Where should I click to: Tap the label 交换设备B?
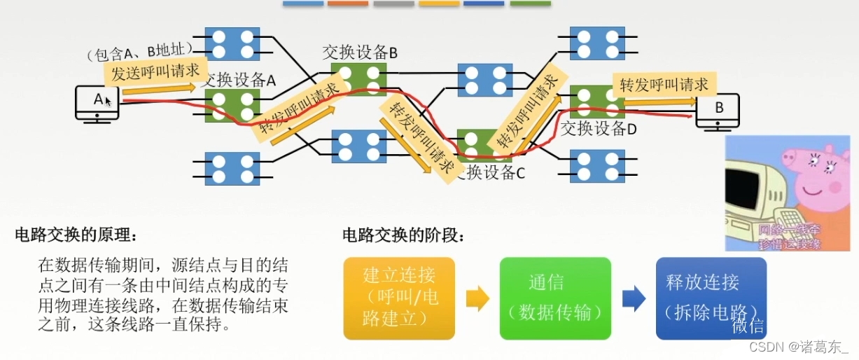[x=360, y=52]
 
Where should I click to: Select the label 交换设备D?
[x=599, y=128]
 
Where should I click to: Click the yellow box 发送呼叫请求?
[x=155, y=72]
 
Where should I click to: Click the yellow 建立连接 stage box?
[x=399, y=298]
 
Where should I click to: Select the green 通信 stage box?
[x=555, y=298]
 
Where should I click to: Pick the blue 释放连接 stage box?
[x=711, y=298]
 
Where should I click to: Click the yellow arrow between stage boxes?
[x=477, y=298]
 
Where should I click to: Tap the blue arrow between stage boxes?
[x=634, y=298]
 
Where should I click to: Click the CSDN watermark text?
[x=798, y=347]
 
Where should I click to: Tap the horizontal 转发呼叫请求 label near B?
[x=664, y=85]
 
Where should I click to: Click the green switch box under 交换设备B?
[x=358, y=78]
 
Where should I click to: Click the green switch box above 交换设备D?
[x=597, y=102]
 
